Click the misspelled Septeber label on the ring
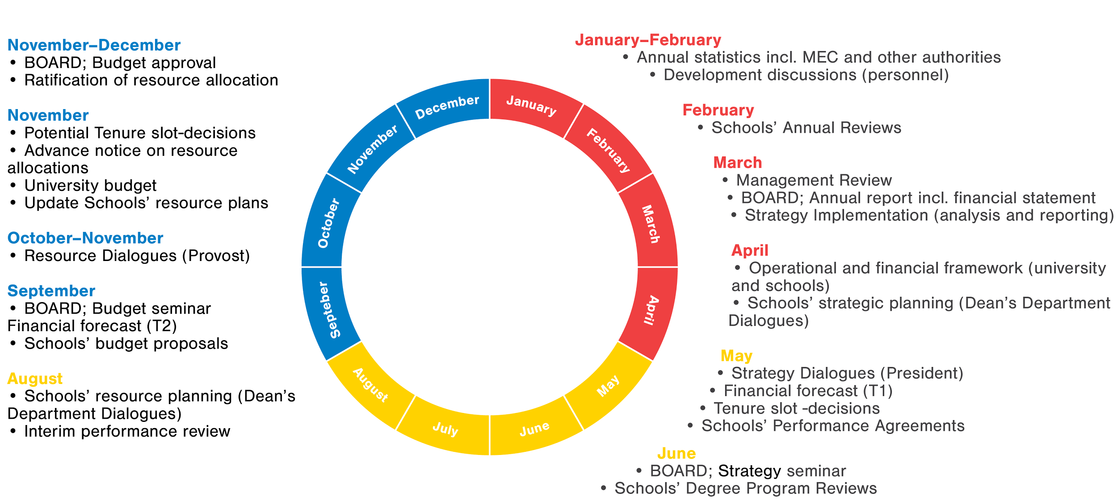point(329,310)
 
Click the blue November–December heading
point(94,45)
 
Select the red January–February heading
point(648,40)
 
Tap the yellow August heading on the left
point(35,379)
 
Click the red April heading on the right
point(750,250)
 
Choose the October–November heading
point(85,238)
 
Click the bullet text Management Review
point(814,180)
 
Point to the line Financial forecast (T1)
point(808,391)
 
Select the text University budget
point(90,185)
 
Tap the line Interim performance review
point(127,431)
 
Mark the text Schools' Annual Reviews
point(806,128)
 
